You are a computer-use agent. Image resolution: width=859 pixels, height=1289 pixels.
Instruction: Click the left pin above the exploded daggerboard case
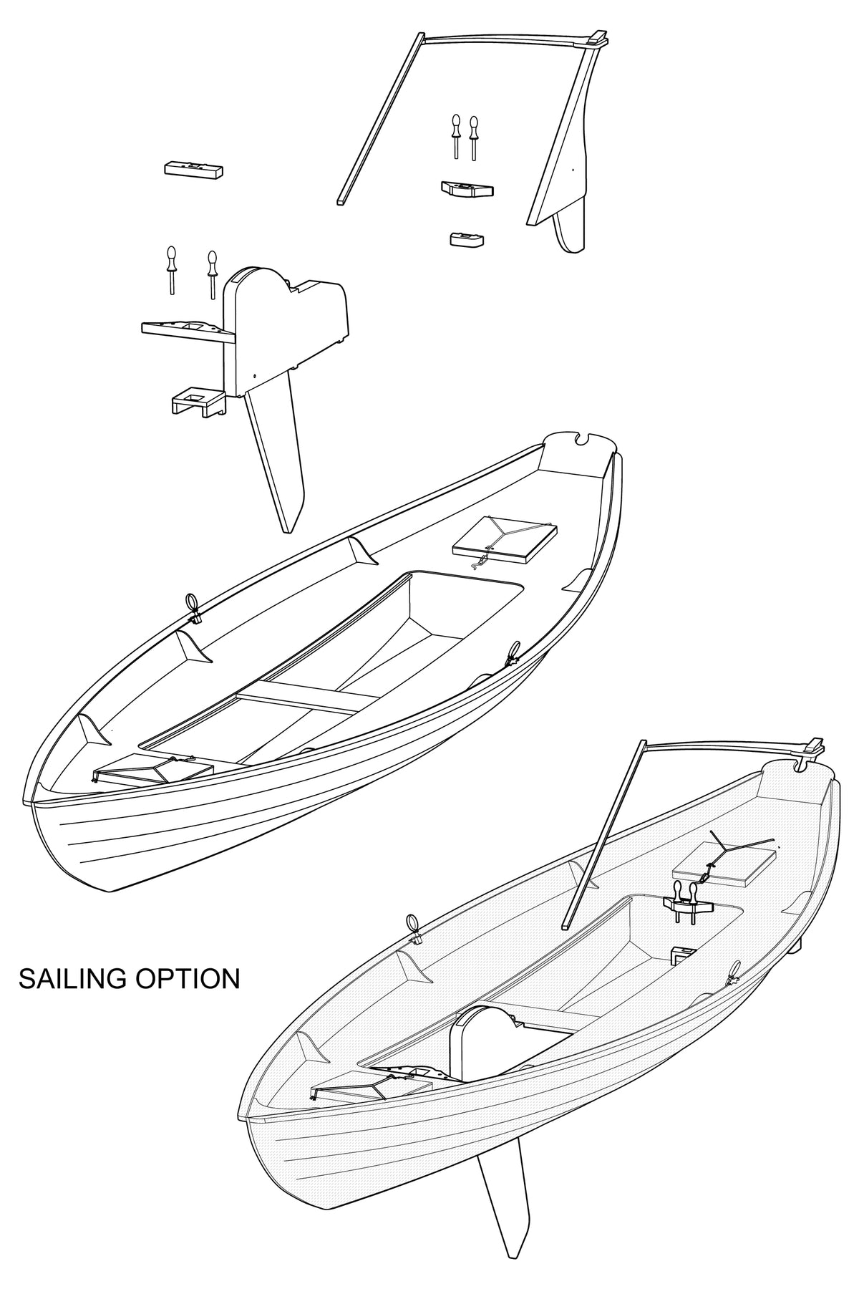[x=172, y=268]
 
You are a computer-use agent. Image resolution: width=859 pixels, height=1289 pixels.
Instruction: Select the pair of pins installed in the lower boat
[x=684, y=899]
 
